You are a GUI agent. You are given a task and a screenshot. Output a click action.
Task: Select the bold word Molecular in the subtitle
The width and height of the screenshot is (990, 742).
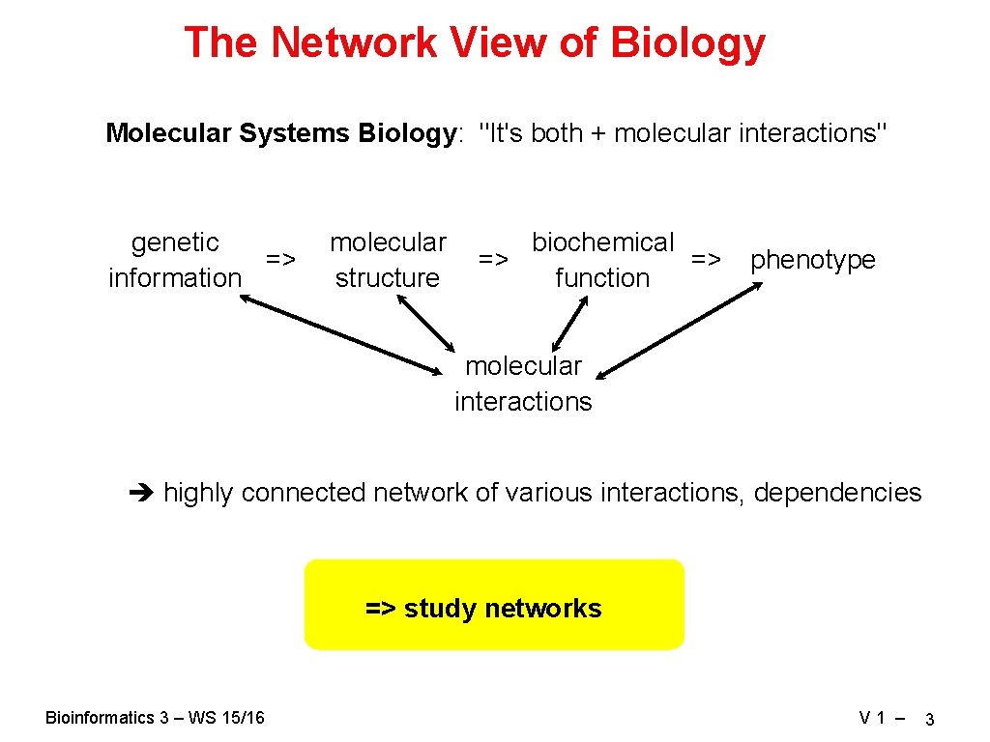pos(168,132)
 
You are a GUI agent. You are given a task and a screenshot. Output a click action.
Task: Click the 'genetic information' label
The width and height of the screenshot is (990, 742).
pos(175,260)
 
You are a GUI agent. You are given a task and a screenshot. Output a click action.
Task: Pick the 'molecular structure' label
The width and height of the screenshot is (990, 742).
pos(387,260)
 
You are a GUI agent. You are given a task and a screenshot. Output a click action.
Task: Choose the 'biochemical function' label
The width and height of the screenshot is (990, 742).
pos(602,260)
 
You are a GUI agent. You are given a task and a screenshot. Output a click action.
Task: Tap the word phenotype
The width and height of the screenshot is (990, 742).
pos(812,260)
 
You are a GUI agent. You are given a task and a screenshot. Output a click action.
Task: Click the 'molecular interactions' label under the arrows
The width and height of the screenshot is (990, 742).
pos(523,384)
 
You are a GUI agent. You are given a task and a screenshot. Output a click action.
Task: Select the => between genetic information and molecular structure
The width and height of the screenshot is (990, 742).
pos(280,259)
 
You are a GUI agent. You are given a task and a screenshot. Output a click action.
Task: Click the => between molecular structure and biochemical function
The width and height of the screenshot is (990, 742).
pos(493,259)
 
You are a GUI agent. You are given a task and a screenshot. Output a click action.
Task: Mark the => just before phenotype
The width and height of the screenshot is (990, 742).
pos(706,259)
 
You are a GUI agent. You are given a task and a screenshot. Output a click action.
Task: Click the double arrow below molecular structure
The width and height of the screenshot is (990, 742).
pos(425,322)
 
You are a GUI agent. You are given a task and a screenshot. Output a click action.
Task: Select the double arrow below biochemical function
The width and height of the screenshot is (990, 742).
pos(570,322)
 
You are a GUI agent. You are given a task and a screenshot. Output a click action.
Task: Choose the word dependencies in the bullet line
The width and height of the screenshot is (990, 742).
pos(837,493)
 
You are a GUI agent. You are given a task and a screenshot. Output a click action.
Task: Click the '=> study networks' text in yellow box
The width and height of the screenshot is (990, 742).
pos(483,609)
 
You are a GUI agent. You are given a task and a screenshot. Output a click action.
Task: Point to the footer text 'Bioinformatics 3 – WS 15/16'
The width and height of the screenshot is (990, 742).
pos(155,717)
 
